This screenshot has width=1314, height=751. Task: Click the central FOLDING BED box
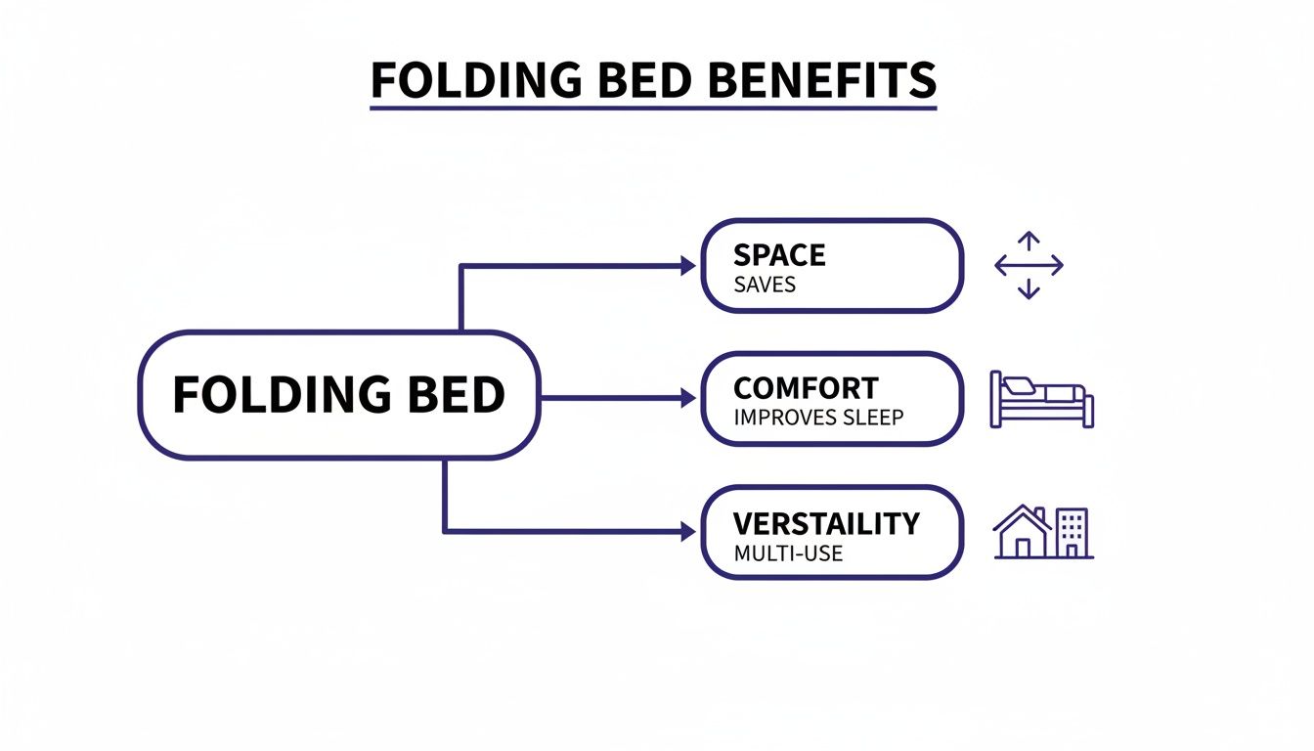(338, 395)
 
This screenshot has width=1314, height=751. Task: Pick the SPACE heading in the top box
(779, 255)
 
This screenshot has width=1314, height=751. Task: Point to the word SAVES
(764, 286)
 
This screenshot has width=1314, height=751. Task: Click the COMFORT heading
(806, 388)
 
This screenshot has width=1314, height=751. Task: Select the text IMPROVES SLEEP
(817, 418)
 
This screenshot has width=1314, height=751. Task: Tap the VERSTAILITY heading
(826, 523)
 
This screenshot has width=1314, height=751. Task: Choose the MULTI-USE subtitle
(787, 553)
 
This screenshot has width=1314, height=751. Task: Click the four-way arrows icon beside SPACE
(1029, 265)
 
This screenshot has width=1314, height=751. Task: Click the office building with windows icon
(1072, 533)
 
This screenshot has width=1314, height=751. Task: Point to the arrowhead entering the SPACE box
(686, 265)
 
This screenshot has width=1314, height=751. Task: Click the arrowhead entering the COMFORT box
(686, 398)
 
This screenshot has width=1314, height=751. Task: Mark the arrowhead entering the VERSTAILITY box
(686, 532)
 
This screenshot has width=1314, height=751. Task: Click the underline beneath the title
(653, 108)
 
